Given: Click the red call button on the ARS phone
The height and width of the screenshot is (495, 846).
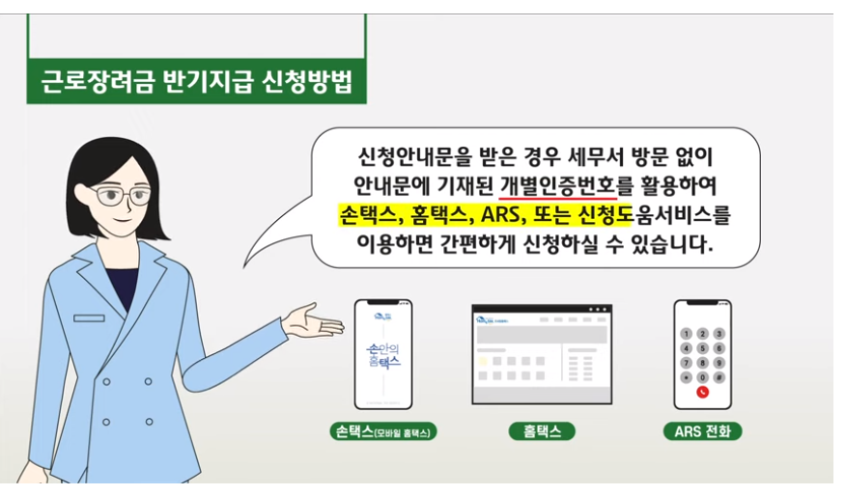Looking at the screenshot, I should (702, 392).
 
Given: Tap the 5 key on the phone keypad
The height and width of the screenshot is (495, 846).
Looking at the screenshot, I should (702, 348).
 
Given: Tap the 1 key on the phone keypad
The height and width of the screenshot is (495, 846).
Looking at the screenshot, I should (687, 333).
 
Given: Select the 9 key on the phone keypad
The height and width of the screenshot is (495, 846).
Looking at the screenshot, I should (718, 363).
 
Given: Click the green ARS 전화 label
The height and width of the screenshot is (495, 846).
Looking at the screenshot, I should (702, 431).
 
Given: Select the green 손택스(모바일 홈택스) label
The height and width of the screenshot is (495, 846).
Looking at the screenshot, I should (382, 431).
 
